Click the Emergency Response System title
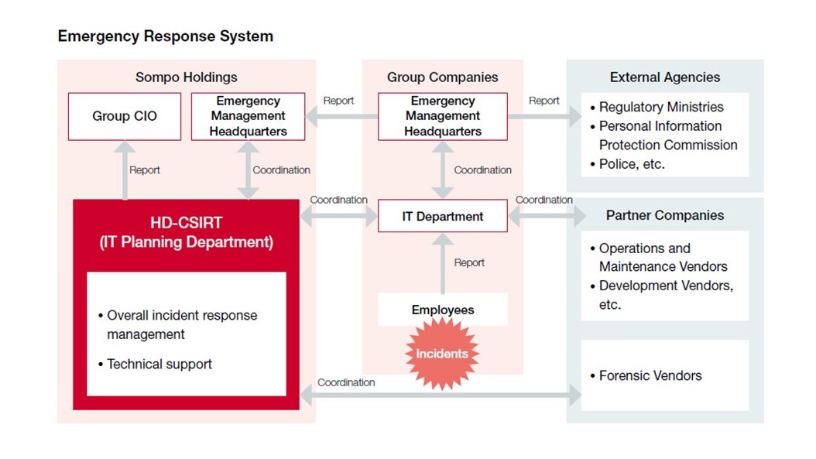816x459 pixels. tap(165, 36)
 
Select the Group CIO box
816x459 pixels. tap(125, 116)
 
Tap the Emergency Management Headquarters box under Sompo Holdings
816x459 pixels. tap(248, 116)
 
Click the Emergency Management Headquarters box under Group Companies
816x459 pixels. tap(442, 116)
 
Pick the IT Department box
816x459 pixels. tap(442, 217)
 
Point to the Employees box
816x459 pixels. tap(442, 310)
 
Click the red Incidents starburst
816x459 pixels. tap(442, 354)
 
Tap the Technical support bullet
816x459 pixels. tap(159, 364)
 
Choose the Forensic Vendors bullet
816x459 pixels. tap(650, 375)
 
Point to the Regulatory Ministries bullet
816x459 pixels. tap(660, 107)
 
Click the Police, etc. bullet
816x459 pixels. tap(631, 164)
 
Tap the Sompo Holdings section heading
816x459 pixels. tap(186, 77)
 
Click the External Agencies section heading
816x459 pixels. tap(664, 77)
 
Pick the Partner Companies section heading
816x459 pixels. tap(664, 215)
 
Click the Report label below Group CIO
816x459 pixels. tap(145, 170)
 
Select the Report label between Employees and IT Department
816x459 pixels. tap(469, 262)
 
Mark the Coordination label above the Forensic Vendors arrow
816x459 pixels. tap(346, 382)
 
